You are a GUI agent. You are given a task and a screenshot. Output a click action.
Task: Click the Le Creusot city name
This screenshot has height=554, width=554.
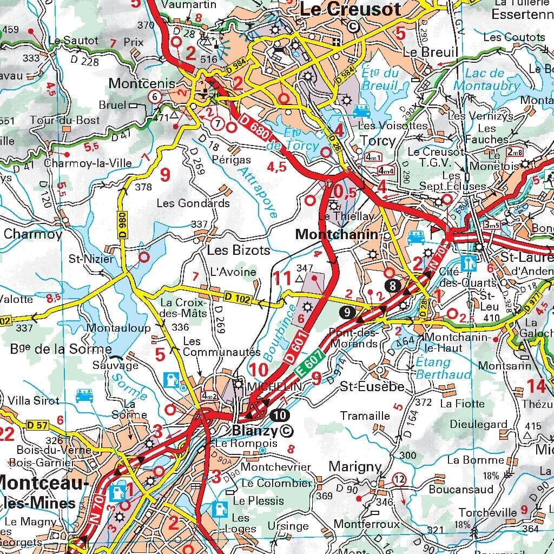[350, 9]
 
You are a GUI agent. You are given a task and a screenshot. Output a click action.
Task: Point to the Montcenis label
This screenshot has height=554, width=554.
[142, 83]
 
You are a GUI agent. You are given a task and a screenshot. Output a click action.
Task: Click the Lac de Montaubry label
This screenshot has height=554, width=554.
[486, 80]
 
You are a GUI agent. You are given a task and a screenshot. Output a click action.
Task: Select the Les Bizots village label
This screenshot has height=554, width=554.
[239, 250]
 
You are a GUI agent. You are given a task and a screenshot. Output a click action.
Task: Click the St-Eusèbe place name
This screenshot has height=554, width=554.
[372, 387]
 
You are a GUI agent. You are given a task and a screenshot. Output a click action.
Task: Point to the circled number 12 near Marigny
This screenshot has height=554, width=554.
[399, 479]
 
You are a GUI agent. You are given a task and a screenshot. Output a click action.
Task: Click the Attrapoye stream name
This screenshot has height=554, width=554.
[257, 192]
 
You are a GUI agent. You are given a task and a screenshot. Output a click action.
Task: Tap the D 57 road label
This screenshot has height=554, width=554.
[37, 425]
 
